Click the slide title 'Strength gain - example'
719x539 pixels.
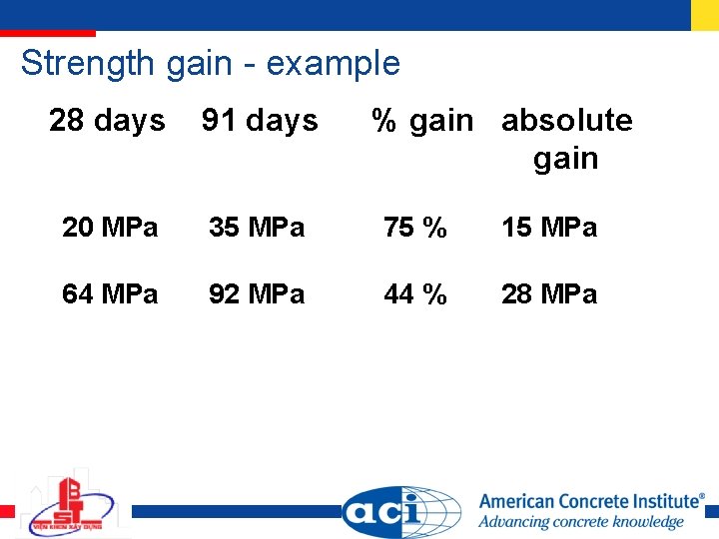pos(210,64)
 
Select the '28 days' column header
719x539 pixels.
pos(107,121)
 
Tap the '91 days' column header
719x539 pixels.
pos(260,121)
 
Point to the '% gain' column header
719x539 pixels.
pos(422,121)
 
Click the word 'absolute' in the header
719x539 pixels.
pos(566,121)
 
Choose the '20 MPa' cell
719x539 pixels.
pos(110,228)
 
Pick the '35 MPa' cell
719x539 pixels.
pos(257,228)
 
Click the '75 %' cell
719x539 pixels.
pos(415,228)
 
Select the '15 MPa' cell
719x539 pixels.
pos(549,228)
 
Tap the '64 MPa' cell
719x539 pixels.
pos(110,294)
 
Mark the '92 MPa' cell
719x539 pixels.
pos(257,294)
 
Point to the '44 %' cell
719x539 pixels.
pos(415,294)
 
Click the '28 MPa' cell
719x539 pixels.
pos(549,294)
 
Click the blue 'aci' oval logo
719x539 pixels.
pos(399,512)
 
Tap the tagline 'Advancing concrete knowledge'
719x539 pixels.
pos(580,522)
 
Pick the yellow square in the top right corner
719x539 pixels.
pos(704,14)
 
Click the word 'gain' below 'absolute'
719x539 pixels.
pos(565,159)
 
